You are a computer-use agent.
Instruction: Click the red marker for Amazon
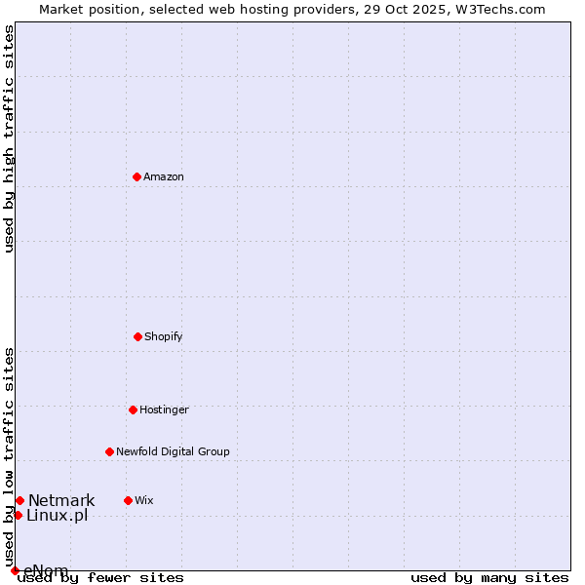point(136,176)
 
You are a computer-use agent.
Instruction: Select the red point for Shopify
point(137,336)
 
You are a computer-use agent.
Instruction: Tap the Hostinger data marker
point(133,409)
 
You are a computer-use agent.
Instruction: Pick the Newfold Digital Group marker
point(109,451)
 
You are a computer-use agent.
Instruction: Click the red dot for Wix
point(128,500)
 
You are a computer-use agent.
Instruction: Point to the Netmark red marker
point(19,500)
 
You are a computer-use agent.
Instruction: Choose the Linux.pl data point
point(18,515)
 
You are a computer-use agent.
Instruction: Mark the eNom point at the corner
point(15,570)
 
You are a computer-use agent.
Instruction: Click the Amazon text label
point(164,176)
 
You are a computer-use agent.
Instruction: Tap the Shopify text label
point(164,336)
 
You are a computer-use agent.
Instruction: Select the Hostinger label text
point(164,409)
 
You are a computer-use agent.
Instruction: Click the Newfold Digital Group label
point(173,451)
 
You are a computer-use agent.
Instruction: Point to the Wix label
point(144,500)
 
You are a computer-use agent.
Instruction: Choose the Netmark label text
point(61,500)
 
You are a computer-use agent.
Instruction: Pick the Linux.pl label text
point(57,515)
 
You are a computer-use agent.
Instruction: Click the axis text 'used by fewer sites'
point(100,577)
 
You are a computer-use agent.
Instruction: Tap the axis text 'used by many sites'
point(489,577)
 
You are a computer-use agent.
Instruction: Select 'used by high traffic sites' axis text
point(9,138)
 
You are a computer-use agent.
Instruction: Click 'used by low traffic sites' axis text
point(9,457)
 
